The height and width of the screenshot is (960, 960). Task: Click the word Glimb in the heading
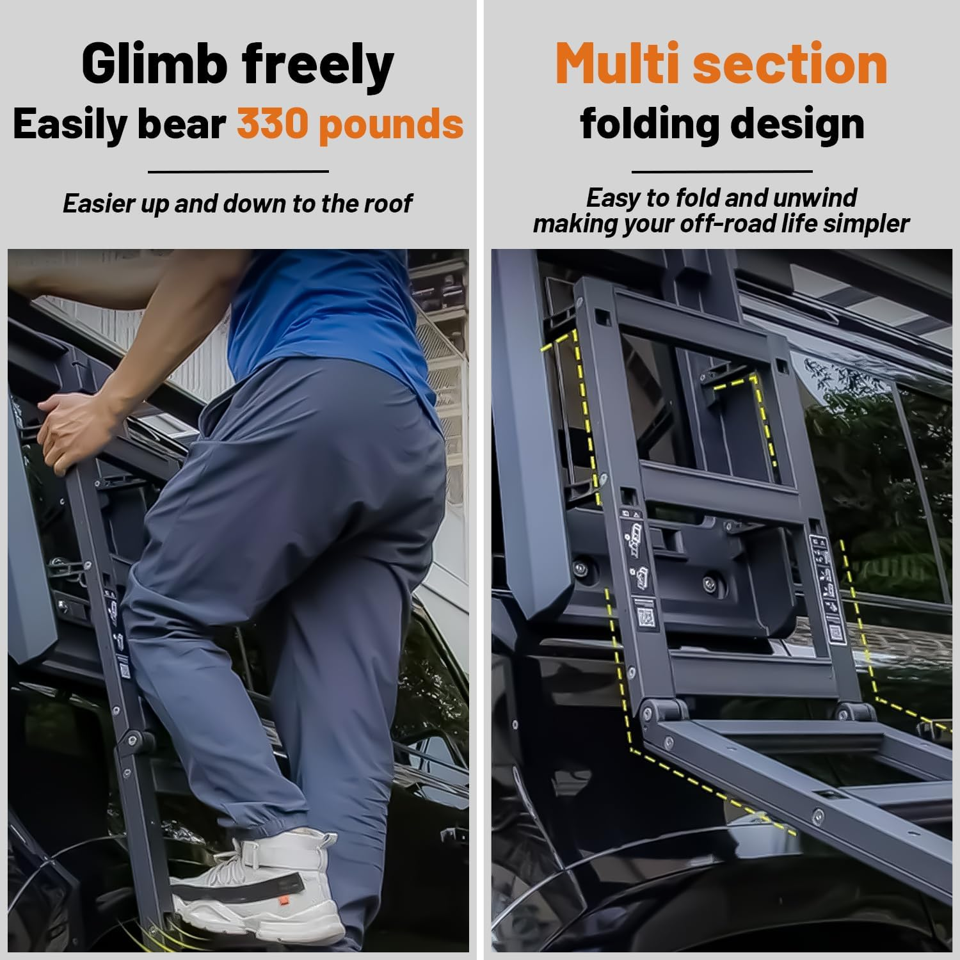tap(154, 64)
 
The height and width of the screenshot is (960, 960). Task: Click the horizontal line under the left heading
tap(238, 172)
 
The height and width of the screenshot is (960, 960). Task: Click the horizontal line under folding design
tap(721, 172)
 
